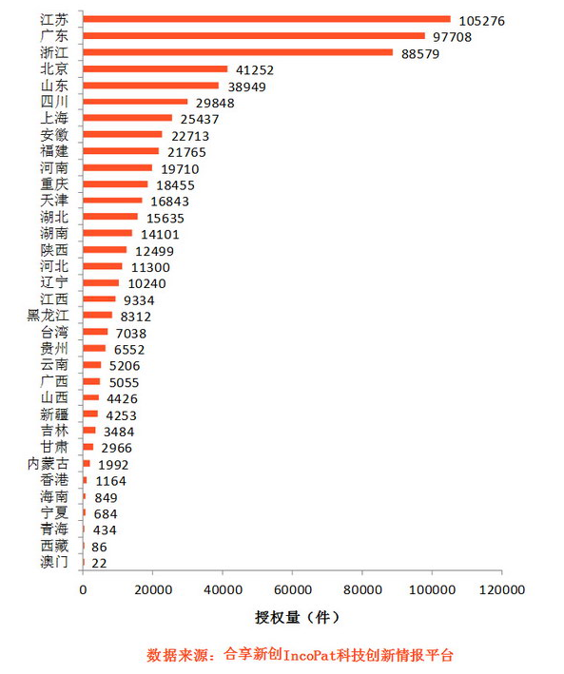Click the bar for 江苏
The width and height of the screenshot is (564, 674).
[x=266, y=19]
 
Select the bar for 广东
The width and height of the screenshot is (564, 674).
[x=254, y=36]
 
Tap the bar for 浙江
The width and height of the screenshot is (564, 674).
[x=238, y=52]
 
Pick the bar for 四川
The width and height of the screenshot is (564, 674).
[x=135, y=102]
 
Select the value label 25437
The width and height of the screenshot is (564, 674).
[x=201, y=119]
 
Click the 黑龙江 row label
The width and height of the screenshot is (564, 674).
[x=47, y=316]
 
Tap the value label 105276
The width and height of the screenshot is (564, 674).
[x=484, y=20]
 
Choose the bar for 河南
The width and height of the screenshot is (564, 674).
[x=118, y=167]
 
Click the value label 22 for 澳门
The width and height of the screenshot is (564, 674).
[x=99, y=563]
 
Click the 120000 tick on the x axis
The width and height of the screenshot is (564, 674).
[x=502, y=590]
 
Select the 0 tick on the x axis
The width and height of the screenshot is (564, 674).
[x=84, y=590]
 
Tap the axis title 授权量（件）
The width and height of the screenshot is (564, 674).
[x=292, y=617]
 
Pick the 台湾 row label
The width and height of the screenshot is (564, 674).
[x=54, y=333]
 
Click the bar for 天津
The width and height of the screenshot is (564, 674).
[x=112, y=201]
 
